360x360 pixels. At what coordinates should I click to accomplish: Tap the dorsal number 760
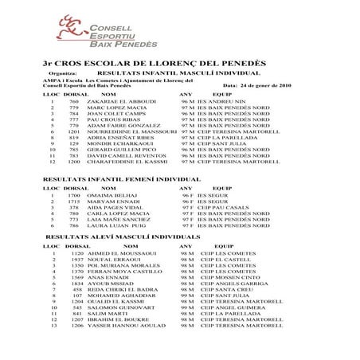click(73, 102)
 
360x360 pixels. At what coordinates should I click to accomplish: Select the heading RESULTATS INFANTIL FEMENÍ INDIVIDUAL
click(111, 181)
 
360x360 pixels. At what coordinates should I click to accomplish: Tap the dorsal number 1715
click(73, 202)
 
